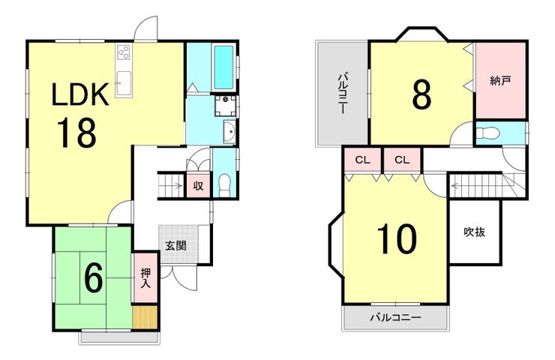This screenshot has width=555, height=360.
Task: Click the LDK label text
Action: (x=80, y=94)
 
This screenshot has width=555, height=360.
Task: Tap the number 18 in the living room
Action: (x=76, y=133)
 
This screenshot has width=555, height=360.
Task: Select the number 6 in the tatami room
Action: (x=93, y=278)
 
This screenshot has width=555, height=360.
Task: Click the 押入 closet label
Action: (x=145, y=278)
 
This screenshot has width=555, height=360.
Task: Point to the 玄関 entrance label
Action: (x=176, y=245)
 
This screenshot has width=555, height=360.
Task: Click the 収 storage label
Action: (x=198, y=185)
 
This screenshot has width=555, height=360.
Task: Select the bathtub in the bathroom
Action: (x=223, y=67)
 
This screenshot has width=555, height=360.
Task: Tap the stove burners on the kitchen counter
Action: (x=124, y=52)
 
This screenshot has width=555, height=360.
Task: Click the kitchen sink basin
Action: (x=123, y=82)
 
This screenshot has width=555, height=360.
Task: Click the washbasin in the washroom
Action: (x=229, y=132)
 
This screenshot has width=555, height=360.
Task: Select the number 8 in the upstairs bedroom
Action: (x=422, y=94)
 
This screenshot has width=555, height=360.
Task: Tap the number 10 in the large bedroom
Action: (x=397, y=239)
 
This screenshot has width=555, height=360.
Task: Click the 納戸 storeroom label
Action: (x=500, y=81)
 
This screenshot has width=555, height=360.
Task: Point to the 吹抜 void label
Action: (x=474, y=232)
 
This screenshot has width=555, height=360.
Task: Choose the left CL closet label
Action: (x=362, y=160)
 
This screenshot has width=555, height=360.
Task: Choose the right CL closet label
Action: (x=402, y=160)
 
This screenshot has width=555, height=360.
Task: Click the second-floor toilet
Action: (x=487, y=133)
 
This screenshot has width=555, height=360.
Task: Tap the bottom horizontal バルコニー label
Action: (x=396, y=317)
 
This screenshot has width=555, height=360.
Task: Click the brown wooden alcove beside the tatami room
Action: (x=145, y=317)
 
